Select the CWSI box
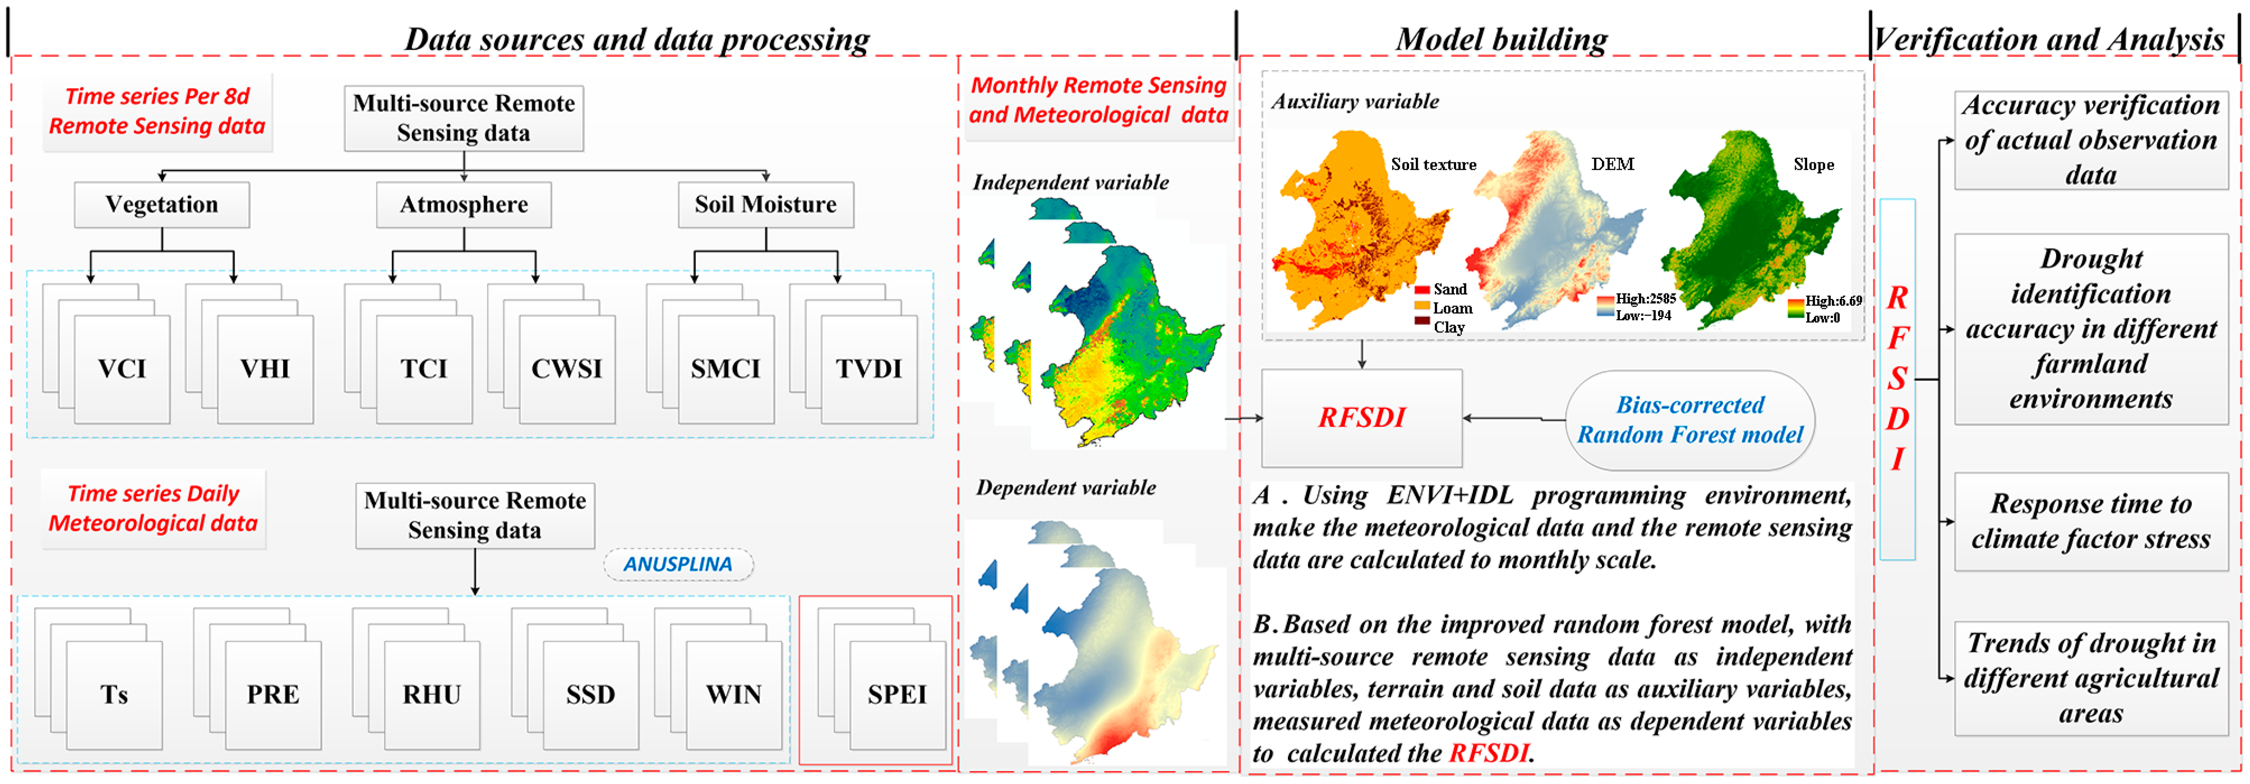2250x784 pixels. (x=567, y=369)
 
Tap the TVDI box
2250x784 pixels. (x=869, y=369)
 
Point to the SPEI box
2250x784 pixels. (x=897, y=694)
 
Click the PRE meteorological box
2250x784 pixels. (x=273, y=694)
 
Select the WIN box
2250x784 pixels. (x=734, y=694)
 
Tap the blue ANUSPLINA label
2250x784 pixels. (x=678, y=564)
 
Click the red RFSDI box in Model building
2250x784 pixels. (x=1362, y=418)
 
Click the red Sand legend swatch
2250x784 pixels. (x=1422, y=290)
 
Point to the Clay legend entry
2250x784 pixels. (x=1448, y=327)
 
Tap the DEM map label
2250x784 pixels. (x=1612, y=164)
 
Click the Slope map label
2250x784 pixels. (x=1813, y=164)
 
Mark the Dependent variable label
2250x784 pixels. (x=1066, y=487)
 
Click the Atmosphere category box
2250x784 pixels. (x=464, y=204)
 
